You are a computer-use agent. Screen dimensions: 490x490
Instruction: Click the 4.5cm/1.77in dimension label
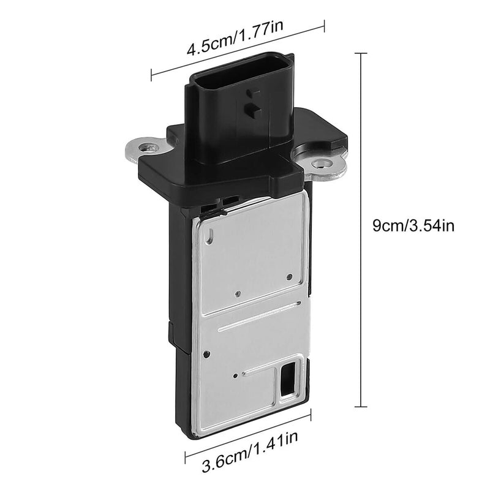235,37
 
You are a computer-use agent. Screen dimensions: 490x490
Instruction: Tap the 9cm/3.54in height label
413,225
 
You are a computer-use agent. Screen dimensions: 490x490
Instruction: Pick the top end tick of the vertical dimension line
361,53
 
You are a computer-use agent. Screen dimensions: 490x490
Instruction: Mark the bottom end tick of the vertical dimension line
361,407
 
